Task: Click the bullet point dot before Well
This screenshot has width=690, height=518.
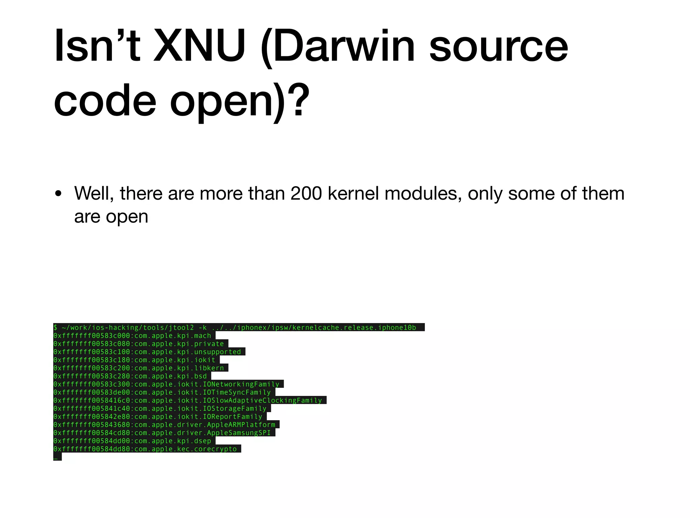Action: (x=59, y=194)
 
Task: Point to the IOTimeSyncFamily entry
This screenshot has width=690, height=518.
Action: (x=164, y=392)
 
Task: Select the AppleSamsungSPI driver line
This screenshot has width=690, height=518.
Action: (x=164, y=433)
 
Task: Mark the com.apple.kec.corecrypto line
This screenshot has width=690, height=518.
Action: (x=147, y=449)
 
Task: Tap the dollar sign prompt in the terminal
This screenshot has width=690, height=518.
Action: (x=56, y=327)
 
